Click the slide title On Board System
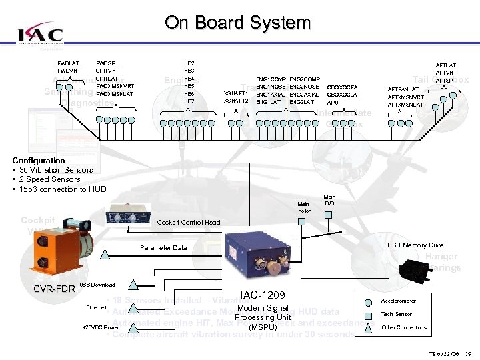(x=237, y=23)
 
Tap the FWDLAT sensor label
(x=69, y=63)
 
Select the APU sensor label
(x=333, y=103)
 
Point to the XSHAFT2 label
(x=236, y=101)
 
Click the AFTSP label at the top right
(x=444, y=81)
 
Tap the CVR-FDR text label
(x=54, y=288)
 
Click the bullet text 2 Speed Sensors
(x=49, y=179)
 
